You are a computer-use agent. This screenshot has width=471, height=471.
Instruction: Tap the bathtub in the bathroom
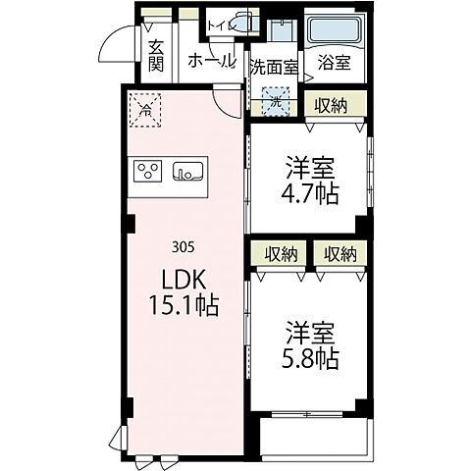334,30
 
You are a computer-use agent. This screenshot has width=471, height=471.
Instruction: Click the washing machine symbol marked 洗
276,100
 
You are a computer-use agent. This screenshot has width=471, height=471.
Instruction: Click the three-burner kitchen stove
150,173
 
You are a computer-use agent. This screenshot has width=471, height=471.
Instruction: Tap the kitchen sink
187,174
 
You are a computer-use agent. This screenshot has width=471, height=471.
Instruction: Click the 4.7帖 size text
312,193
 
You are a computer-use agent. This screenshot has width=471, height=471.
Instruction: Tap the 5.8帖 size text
312,358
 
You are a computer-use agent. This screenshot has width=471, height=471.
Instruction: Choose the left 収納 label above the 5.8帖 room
280,253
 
